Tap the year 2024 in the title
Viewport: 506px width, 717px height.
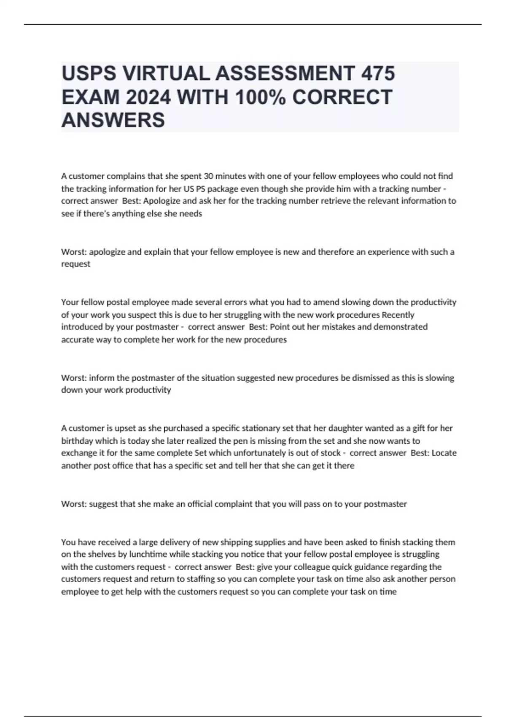click(148, 97)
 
